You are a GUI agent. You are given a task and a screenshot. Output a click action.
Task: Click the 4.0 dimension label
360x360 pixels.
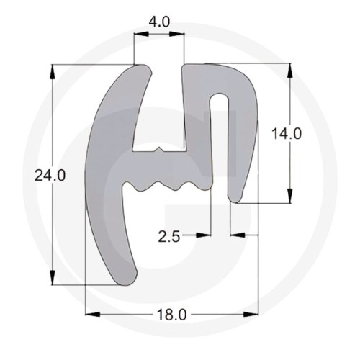(159, 22)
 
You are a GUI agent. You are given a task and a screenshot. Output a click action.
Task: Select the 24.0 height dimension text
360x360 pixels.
(50, 175)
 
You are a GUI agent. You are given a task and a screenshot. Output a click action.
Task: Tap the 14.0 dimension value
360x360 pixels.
(287, 134)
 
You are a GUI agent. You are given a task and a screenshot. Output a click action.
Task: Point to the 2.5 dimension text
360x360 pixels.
(169, 238)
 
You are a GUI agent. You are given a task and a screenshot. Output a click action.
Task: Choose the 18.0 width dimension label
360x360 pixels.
(171, 315)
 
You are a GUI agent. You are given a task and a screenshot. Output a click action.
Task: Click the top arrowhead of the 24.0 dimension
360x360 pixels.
(53, 71)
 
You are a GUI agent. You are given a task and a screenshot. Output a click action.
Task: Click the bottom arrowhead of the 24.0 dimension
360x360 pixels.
(53, 278)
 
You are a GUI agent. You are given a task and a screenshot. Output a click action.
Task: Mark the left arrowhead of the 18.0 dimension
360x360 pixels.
(93, 314)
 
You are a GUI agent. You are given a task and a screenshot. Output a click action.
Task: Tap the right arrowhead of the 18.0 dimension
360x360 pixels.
(251, 314)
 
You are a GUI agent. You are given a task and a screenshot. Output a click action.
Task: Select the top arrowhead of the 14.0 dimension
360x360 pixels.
(289, 70)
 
